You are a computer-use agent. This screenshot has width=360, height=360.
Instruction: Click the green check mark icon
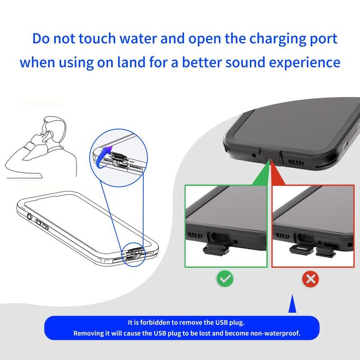tap(225, 279)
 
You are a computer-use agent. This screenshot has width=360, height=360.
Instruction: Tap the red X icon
tap(310, 279)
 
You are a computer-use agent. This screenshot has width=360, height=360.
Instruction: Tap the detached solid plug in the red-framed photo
tap(326, 251)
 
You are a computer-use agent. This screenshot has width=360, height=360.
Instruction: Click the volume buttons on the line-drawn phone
tap(42, 225)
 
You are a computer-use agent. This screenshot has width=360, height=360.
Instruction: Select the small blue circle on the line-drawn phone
tap(134, 254)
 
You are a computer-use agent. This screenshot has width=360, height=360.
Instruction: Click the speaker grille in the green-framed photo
tap(195, 235)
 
